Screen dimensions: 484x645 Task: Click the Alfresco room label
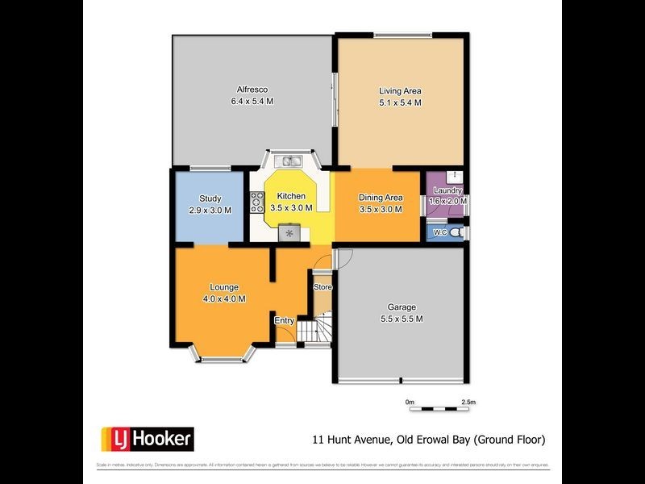point(252,90)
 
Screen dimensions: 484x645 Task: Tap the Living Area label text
point(400,91)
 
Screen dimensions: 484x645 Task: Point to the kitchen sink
point(291,160)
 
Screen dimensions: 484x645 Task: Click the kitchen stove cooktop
point(259,201)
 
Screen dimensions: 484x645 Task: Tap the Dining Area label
point(381,198)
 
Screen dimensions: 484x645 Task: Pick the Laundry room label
point(447,190)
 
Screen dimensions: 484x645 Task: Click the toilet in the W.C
point(457,232)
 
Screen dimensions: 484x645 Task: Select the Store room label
point(322,286)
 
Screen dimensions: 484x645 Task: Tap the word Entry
point(285,321)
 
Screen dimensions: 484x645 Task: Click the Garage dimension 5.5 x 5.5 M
point(402,318)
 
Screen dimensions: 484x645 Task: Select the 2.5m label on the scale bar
point(468,401)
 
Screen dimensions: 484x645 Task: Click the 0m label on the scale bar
point(410,401)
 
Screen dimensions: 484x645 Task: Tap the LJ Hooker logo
point(146,439)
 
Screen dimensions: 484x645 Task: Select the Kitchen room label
point(291,196)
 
